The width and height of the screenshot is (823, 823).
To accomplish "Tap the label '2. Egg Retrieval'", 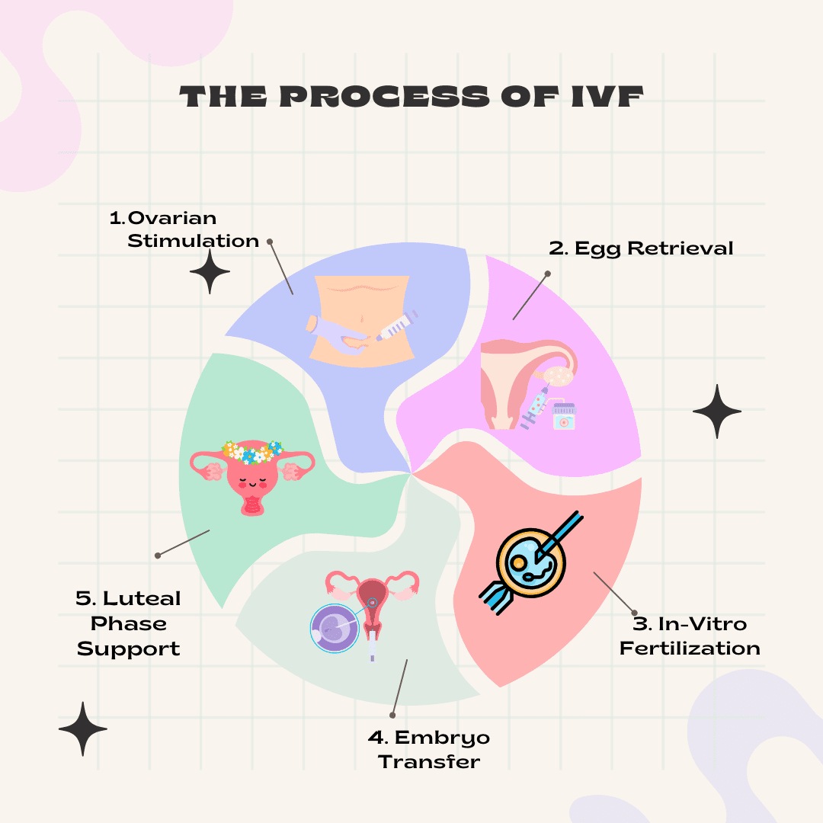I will click(641, 248).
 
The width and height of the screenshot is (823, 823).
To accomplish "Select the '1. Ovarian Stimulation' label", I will click(185, 229).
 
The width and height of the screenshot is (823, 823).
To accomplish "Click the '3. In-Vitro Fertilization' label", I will click(690, 636).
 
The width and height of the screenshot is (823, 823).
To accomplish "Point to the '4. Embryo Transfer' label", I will click(429, 749).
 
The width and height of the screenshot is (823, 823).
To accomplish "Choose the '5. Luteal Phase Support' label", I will click(129, 623).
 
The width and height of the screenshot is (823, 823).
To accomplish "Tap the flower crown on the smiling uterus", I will click(251, 452).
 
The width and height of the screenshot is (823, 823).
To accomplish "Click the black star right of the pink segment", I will click(716, 411).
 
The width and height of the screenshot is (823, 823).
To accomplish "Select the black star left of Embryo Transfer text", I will click(83, 729).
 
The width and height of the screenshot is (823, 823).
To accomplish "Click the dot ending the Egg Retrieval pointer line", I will click(547, 273).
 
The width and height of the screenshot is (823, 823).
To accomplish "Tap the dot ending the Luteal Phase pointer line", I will click(158, 555).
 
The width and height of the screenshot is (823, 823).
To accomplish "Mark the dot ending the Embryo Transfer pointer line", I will click(392, 716).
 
